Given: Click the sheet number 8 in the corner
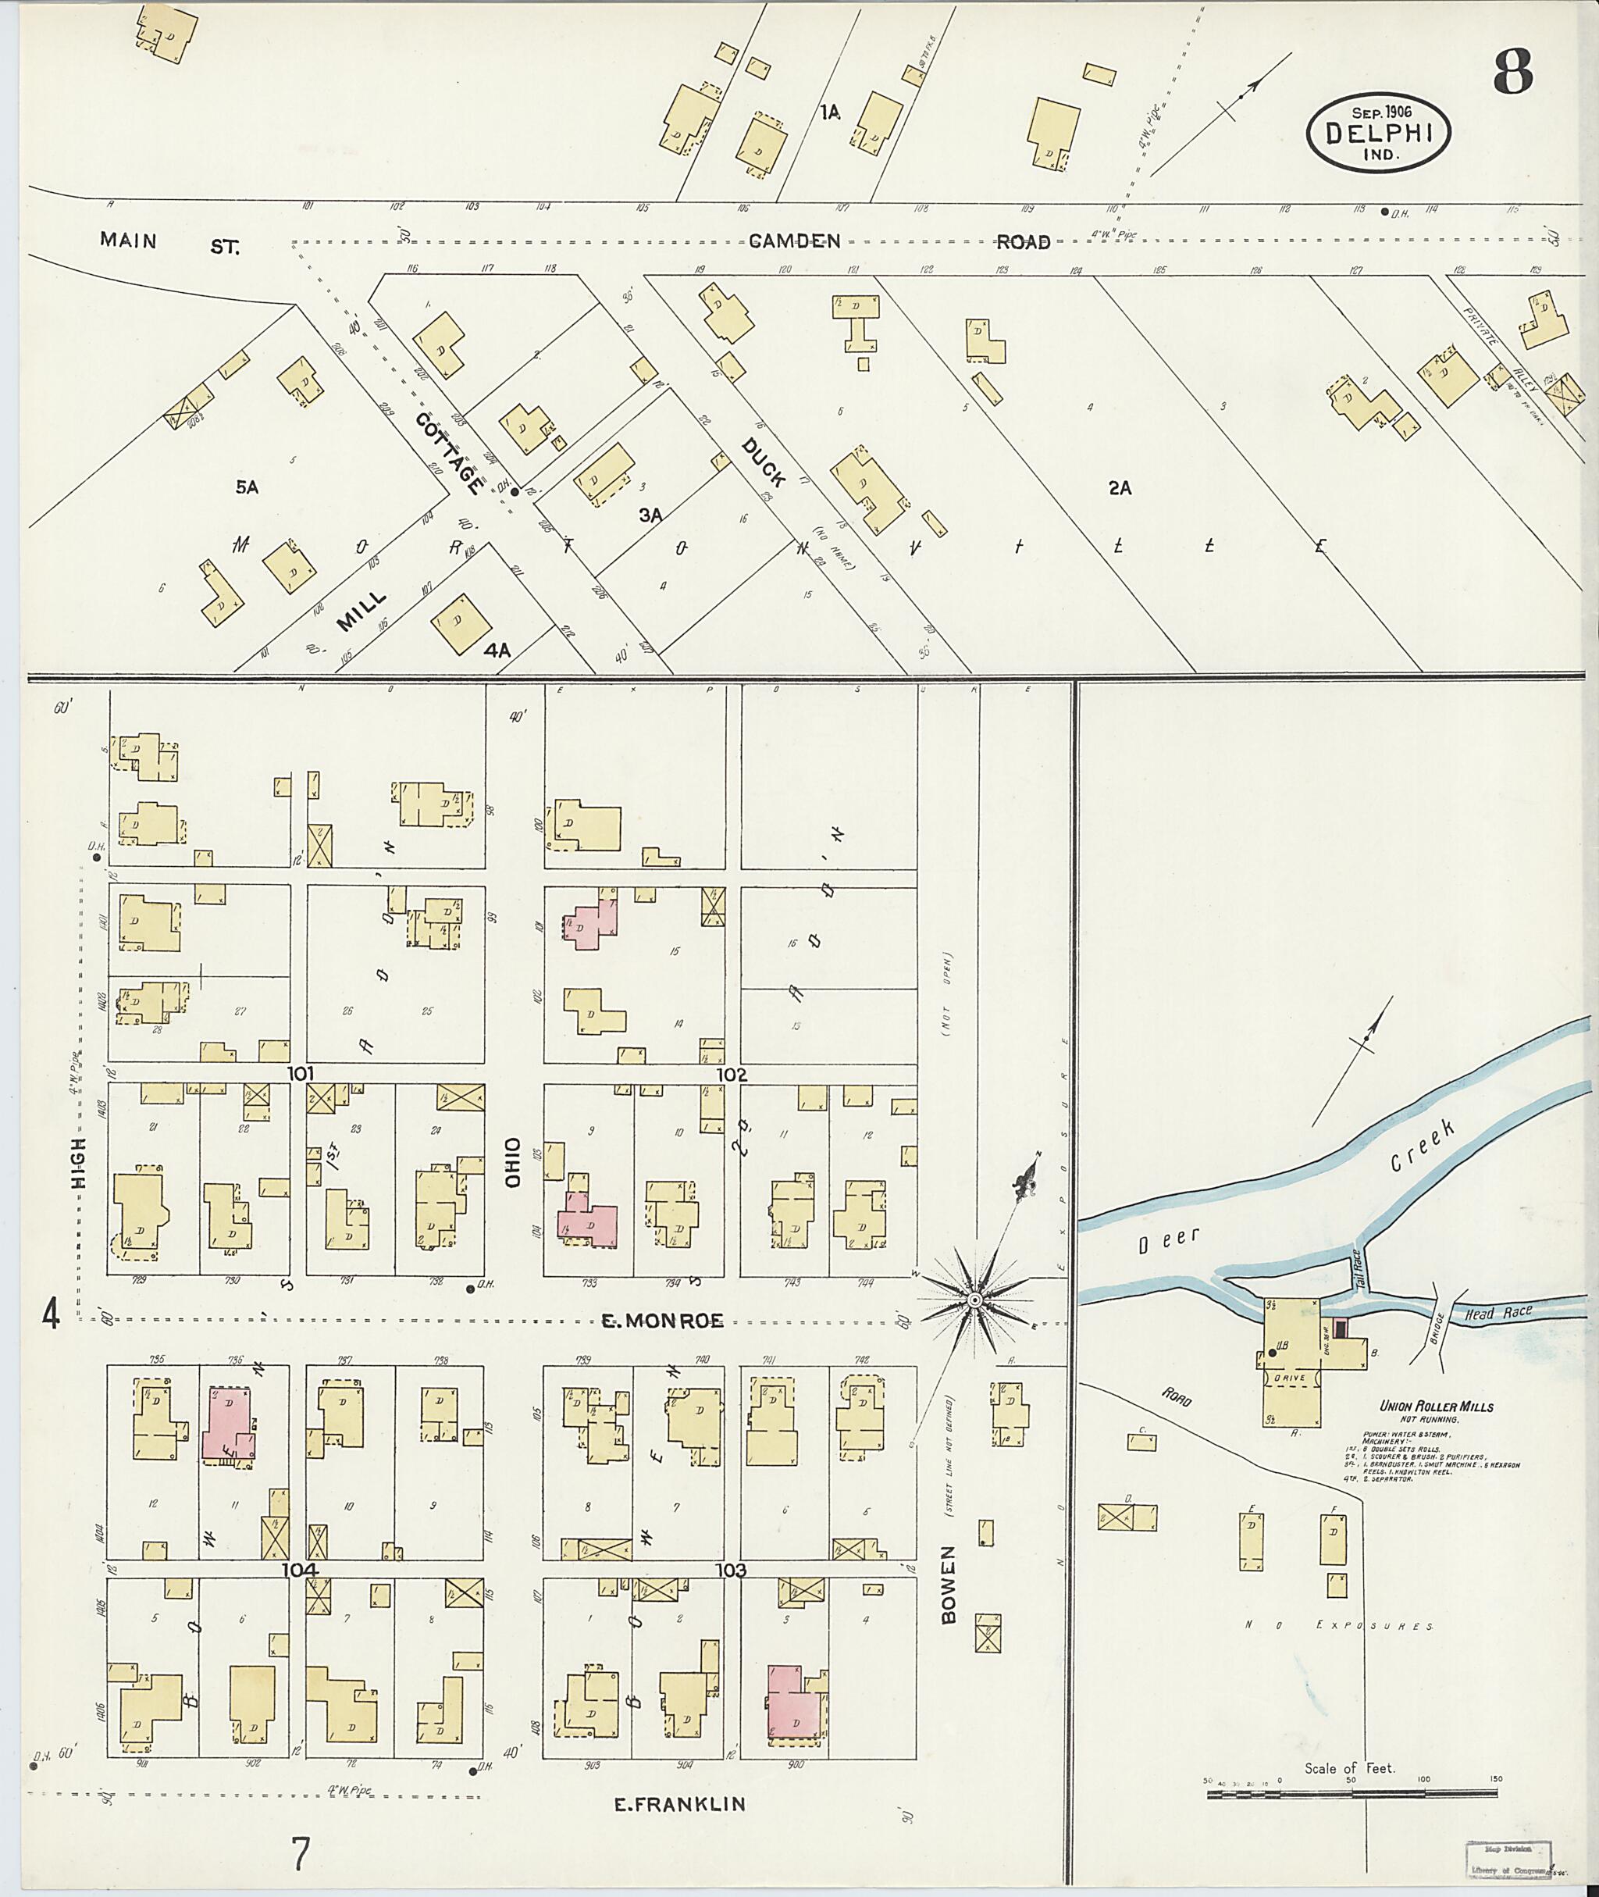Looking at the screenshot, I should point(1513,73).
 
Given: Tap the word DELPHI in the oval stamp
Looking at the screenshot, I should point(1379,134).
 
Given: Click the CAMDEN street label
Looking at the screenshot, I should point(795,241).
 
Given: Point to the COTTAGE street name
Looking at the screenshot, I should point(449,454).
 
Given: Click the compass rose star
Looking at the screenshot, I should point(974,1300).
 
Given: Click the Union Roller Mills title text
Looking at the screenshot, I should point(1436,1407).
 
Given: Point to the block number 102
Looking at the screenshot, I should point(732,1075).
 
